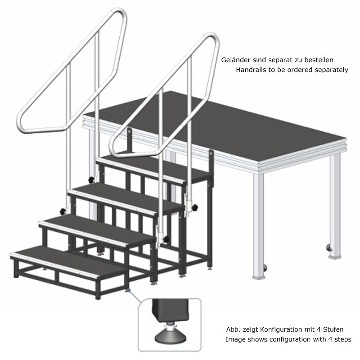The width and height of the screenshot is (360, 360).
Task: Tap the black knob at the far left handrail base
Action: click(x=63, y=211)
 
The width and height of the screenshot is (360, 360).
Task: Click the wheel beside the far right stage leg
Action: click(x=329, y=248)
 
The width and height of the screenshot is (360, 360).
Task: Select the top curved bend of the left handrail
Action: click(x=121, y=14)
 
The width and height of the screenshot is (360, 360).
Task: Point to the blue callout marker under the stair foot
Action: click(x=128, y=290)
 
